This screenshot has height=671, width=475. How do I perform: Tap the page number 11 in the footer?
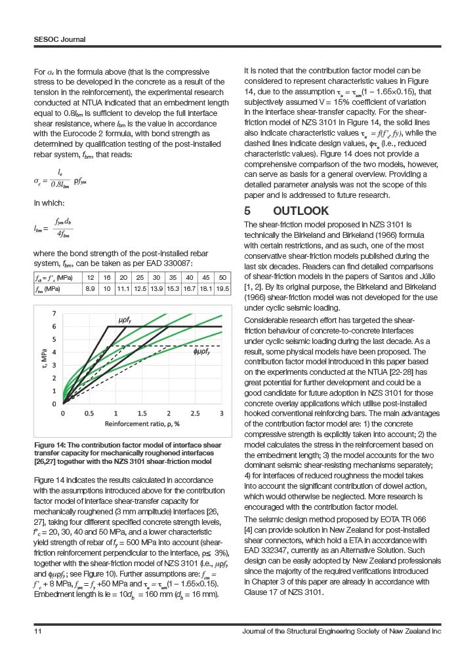[38, 631]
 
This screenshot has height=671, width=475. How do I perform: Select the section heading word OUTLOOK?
[301, 211]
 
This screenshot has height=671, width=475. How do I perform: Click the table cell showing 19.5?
[222, 288]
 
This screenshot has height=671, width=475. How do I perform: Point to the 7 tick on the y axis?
[54, 313]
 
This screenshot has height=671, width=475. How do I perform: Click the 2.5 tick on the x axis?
[196, 413]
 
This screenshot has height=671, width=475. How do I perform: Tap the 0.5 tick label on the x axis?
[89, 413]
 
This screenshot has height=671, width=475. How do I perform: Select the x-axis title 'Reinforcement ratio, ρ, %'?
[142, 425]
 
